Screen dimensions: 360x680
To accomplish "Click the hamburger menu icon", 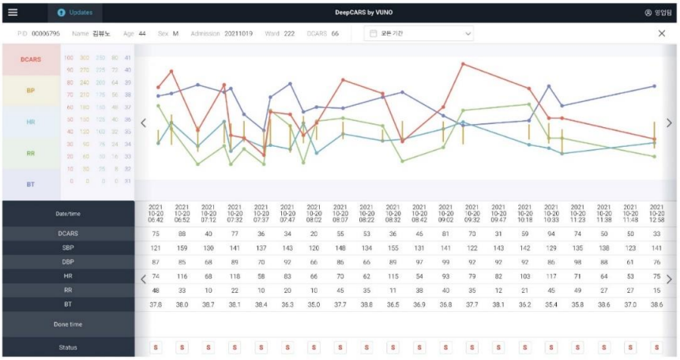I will click(x=13, y=13).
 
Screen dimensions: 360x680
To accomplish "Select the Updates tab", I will click(x=75, y=13).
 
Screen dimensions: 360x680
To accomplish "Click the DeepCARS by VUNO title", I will click(x=364, y=13).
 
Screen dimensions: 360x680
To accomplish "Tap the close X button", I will click(x=662, y=34).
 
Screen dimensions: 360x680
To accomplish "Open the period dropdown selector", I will click(x=419, y=34).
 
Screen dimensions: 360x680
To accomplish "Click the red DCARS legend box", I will click(x=31, y=60).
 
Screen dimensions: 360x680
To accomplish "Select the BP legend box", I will click(x=31, y=91).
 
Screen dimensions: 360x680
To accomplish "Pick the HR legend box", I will click(x=31, y=122).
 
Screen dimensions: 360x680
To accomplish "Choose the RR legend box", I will click(x=31, y=153).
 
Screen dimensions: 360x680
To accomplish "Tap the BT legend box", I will click(x=31, y=184).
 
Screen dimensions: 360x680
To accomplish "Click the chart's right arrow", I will click(x=669, y=122).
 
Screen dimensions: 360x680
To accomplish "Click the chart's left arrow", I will click(x=143, y=122).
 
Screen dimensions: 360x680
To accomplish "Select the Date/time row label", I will click(x=69, y=213).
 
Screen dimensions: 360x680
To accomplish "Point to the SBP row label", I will click(x=69, y=247).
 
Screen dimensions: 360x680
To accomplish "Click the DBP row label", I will click(x=69, y=261).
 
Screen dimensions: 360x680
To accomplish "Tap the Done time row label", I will click(x=69, y=324).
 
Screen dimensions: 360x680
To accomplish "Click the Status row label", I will click(x=69, y=347).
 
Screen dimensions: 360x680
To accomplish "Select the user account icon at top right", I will click(x=648, y=13).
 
